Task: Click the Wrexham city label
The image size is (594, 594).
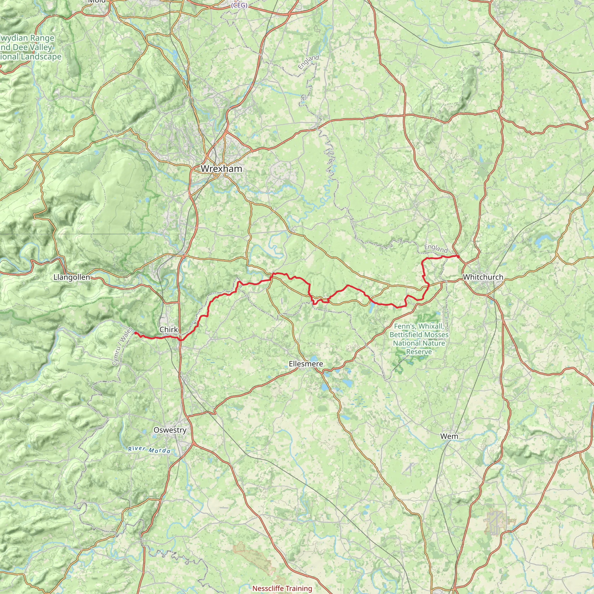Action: coord(221,169)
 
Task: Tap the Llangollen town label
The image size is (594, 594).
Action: coord(72,277)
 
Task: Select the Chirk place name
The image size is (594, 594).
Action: coord(169,329)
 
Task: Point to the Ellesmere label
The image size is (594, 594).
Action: coord(306,364)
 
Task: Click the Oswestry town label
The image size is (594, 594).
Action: coord(170,430)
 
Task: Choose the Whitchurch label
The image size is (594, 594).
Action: coord(483,277)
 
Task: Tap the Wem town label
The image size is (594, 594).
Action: coord(449,436)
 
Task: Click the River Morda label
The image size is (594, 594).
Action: coord(149,450)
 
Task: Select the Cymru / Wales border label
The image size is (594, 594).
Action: coord(122,347)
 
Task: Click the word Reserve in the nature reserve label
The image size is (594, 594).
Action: coord(419,352)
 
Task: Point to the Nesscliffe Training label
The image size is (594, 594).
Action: coord(282,588)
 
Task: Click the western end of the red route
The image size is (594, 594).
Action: coord(135,333)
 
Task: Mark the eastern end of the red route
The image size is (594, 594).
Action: coord(458,256)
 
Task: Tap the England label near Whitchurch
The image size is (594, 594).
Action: coord(436,249)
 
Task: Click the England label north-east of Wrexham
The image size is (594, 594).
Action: coord(308,62)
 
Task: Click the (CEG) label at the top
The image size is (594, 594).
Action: coord(239,6)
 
